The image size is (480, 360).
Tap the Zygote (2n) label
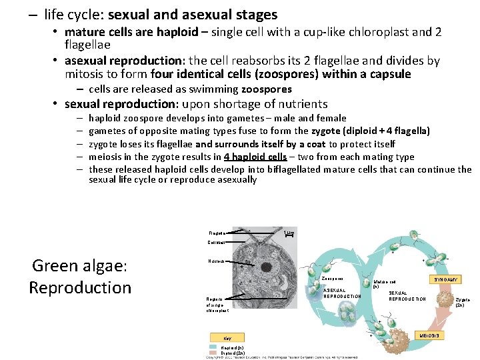[x=462, y=302]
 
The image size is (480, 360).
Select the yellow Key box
[x=227, y=338]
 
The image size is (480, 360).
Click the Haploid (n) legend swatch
[x=215, y=347]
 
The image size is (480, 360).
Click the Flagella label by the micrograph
[x=217, y=233]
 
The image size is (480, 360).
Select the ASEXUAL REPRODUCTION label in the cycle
[x=341, y=293]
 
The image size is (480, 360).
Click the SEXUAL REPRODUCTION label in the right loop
[x=407, y=295]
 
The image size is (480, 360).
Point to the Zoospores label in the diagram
[x=332, y=278]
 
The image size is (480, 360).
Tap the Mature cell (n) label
[x=384, y=283]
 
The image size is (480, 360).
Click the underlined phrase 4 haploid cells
[x=255, y=157]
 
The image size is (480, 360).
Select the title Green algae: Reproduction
[x=80, y=277]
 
